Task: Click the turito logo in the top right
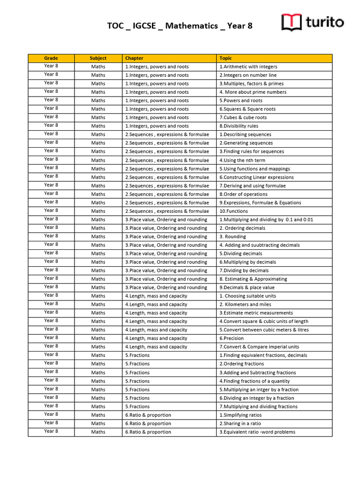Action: [x=312, y=22]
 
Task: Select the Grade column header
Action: [x=51, y=58]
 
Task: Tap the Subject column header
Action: [x=98, y=58]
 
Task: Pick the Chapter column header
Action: [x=134, y=58]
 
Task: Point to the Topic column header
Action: [x=225, y=58]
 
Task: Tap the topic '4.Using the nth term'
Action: [x=242, y=160]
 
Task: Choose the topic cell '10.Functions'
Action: [x=232, y=211]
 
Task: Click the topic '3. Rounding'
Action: [x=232, y=237]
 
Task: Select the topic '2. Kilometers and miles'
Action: [x=246, y=304]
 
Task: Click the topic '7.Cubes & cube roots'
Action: [x=243, y=118]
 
